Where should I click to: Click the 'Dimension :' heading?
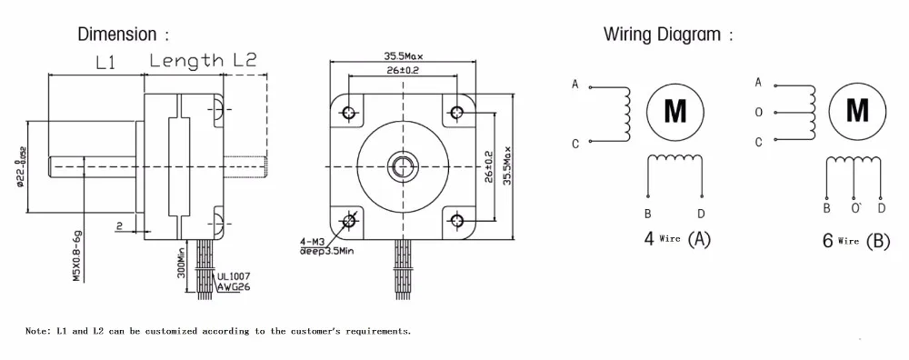(124, 35)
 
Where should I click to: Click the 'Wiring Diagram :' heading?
(668, 35)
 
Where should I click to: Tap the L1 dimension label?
(105, 62)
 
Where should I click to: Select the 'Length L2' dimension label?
(203, 60)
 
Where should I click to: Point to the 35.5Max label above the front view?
(404, 56)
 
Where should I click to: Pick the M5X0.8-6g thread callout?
(76, 255)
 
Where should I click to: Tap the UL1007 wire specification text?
(234, 276)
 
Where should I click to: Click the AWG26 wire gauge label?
(235, 286)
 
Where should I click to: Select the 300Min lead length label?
(181, 264)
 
